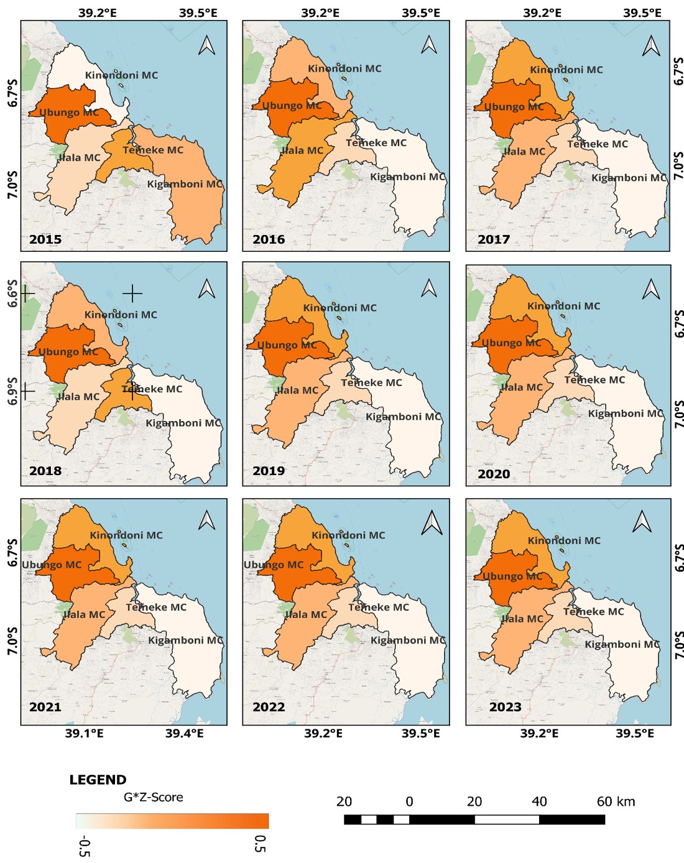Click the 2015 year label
(x=45, y=239)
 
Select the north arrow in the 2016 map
(x=429, y=45)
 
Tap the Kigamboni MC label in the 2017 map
(x=628, y=178)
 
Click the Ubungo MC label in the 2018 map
(x=68, y=352)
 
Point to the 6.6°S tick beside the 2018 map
(x=12, y=293)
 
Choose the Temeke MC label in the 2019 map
(x=371, y=383)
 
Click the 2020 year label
(x=494, y=474)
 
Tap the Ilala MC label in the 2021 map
(x=85, y=615)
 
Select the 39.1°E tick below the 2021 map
(x=85, y=734)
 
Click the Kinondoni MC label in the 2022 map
(x=348, y=535)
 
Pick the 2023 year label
(x=505, y=707)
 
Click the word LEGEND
(x=98, y=780)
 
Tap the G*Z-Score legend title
(x=153, y=798)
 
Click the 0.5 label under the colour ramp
(x=261, y=844)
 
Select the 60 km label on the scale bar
(x=616, y=801)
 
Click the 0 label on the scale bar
(x=409, y=801)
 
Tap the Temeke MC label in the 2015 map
(x=153, y=150)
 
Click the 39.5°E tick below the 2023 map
(x=635, y=734)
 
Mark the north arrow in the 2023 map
(x=642, y=522)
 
